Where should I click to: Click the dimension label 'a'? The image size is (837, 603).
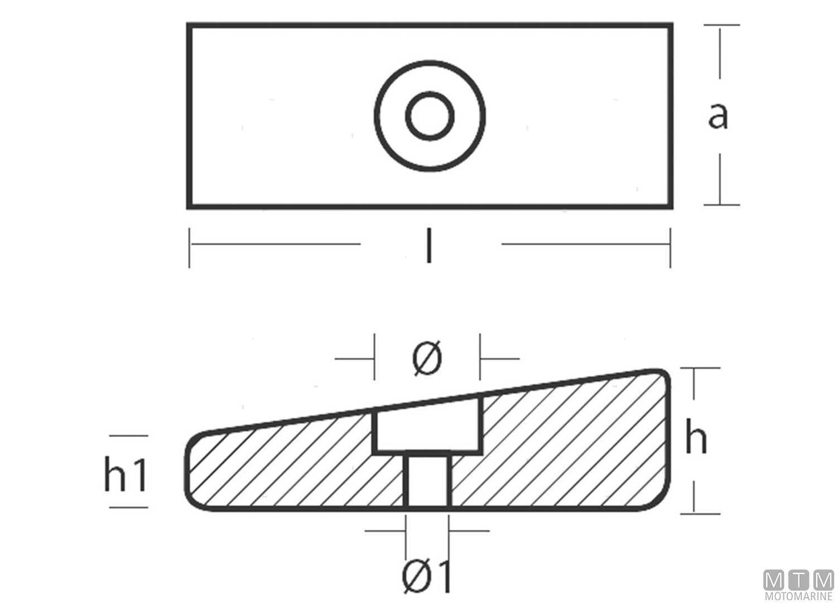coord(718,116)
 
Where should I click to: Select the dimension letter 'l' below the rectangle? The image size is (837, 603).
coord(428,246)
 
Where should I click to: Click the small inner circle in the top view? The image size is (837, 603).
coord(430,116)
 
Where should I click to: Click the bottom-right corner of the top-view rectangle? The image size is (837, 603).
coord(670,206)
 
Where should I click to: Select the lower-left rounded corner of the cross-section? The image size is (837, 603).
coord(193,502)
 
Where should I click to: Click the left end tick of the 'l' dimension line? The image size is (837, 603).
coord(189,246)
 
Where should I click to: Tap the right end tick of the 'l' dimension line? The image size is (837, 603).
coord(670,246)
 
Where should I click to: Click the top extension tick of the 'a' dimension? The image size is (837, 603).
coord(721,25)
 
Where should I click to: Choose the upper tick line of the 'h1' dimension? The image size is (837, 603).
coord(129,436)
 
